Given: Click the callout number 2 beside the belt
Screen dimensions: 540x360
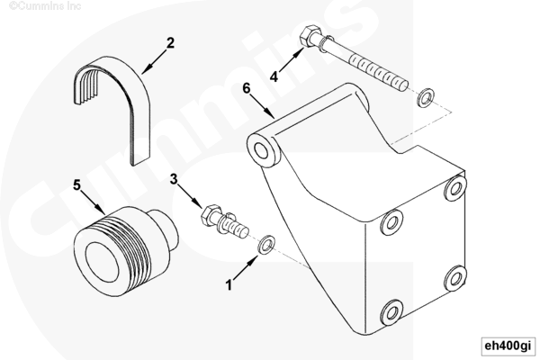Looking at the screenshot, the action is (170, 43).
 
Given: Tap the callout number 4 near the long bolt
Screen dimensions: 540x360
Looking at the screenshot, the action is (274, 76).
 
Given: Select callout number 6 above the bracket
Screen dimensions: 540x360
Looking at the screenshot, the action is (247, 88).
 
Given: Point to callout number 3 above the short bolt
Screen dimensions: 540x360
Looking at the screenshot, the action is (174, 179).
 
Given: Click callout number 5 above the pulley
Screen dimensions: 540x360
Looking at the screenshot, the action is (76, 185).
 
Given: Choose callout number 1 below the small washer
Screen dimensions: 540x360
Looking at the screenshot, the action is (229, 285).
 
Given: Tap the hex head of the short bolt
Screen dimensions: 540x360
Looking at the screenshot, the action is (210, 215).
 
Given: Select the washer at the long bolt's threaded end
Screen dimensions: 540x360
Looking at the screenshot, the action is (426, 97).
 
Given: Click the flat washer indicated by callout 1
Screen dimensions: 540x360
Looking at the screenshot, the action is (266, 245).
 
